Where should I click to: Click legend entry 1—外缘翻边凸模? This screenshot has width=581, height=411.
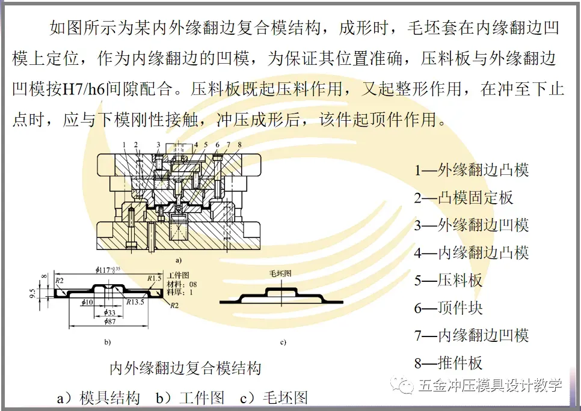(x=471, y=170)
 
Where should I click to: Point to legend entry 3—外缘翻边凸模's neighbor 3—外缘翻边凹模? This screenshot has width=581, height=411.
(x=471, y=225)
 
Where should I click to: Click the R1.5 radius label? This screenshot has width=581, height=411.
(x=155, y=278)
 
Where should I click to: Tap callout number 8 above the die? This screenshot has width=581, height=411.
(x=239, y=145)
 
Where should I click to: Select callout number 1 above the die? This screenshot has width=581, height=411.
(x=124, y=145)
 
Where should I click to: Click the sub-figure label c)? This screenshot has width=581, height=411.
(x=282, y=343)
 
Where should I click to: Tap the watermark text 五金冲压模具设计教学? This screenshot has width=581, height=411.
(x=490, y=385)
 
